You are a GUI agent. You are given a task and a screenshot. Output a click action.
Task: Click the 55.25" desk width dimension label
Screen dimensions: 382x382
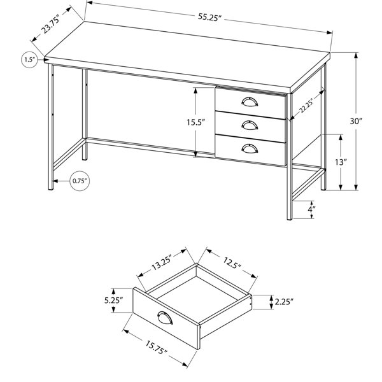point(209,17)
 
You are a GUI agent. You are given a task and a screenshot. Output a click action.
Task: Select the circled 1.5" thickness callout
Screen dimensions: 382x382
point(30,59)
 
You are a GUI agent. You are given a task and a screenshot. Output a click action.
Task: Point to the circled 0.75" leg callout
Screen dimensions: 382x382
point(80,181)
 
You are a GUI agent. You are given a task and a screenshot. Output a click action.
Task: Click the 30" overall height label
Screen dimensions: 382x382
point(356,121)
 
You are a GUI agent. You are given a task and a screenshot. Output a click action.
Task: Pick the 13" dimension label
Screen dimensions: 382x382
point(341,162)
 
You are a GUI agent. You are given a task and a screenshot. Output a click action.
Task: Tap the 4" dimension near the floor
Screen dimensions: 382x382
point(311,209)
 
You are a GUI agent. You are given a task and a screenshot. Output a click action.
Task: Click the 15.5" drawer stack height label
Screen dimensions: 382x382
point(195,122)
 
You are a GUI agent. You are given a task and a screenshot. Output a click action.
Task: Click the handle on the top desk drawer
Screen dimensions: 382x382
point(250,102)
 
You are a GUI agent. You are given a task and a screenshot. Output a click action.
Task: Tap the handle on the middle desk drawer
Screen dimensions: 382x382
point(250,125)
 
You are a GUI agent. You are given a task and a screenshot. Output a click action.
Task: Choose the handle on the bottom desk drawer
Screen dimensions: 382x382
point(250,148)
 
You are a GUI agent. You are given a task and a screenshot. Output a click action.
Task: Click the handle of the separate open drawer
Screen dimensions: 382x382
point(165,318)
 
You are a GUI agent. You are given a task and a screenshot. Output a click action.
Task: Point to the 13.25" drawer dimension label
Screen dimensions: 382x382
point(162,263)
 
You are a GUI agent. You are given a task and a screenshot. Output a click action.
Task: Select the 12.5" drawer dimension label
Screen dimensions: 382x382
point(232,262)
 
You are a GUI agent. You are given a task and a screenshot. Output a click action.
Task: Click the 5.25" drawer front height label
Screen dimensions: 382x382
point(113,301)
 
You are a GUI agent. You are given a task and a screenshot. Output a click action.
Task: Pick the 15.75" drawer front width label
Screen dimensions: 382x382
point(157,348)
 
